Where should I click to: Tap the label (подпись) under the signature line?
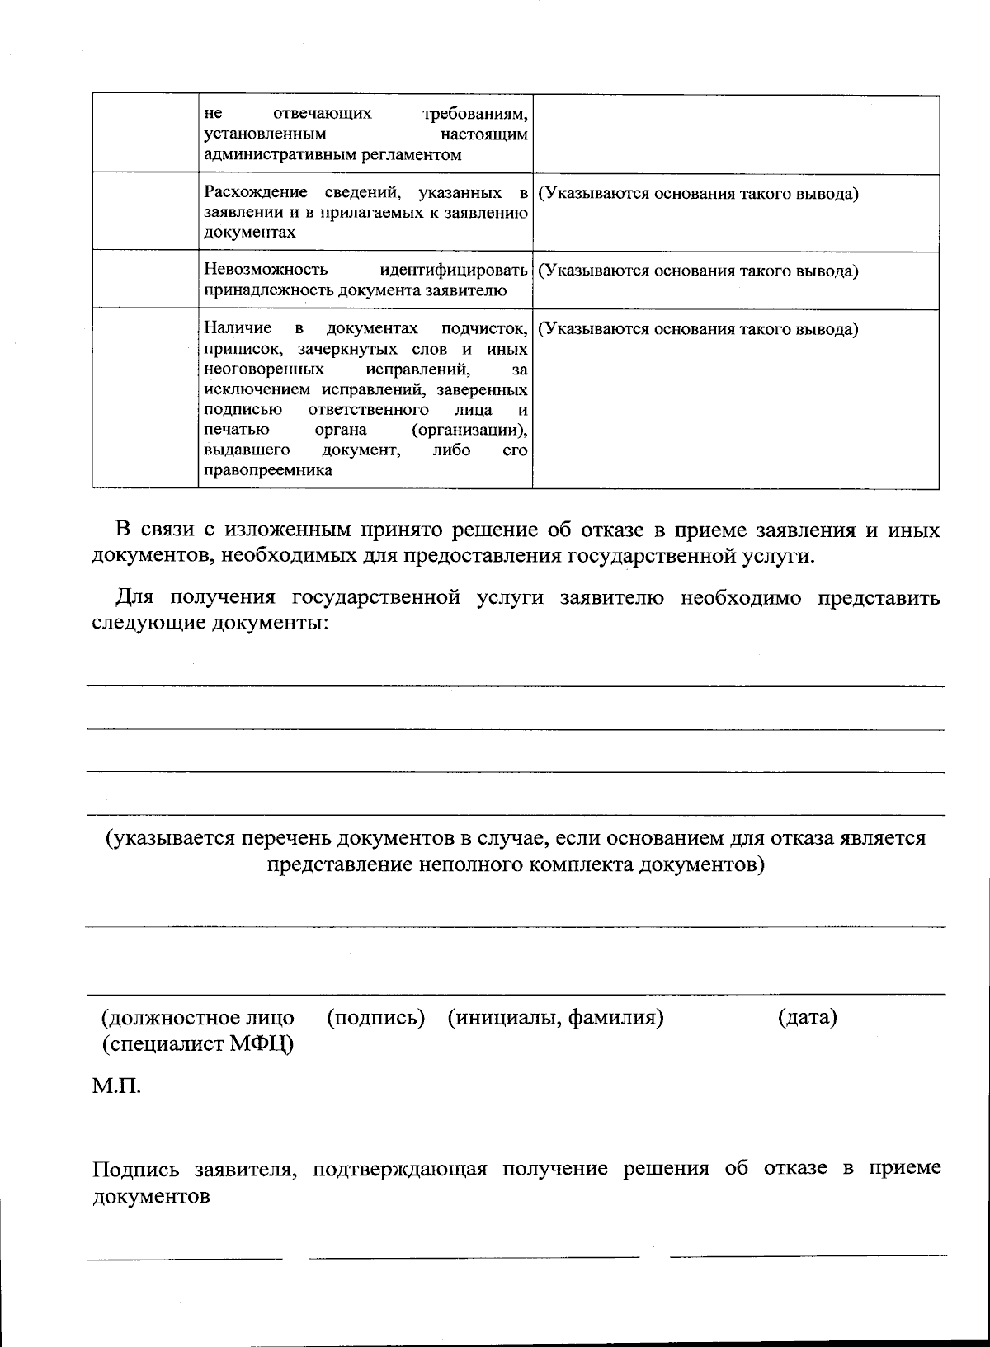375,1018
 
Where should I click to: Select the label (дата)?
807,1018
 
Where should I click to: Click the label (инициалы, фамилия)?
556,1018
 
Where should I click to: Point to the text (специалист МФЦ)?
196,1044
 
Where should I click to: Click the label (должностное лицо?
196,1018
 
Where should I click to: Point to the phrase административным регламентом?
332,154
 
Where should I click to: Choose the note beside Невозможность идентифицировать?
698,271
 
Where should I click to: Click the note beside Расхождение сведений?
698,195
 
